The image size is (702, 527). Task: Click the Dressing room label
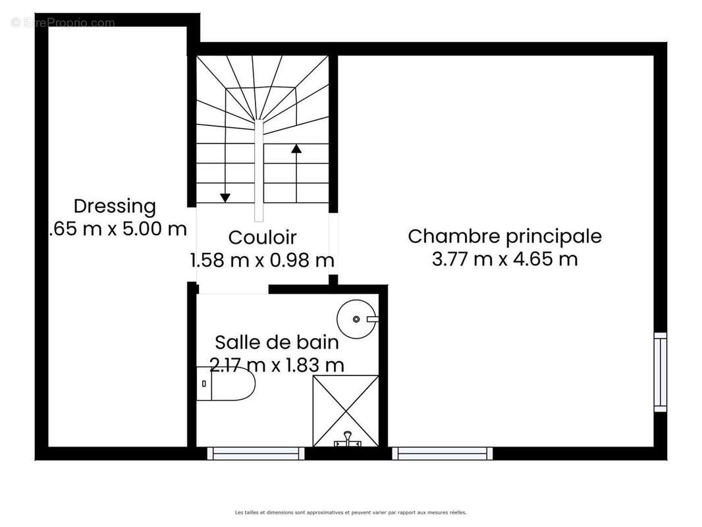115,206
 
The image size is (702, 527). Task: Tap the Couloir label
262,237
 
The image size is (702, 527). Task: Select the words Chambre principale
504,236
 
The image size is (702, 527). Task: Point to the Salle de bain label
277,342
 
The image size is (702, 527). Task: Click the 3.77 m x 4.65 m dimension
504,259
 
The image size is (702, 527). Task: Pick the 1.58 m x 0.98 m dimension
262,260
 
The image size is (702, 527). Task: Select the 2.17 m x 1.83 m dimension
277,364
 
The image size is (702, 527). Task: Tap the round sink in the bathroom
356,319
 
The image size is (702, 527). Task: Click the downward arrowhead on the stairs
225,197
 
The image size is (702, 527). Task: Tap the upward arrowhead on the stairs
296,148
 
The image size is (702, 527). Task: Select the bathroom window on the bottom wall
256,453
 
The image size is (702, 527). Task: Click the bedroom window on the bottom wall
442,453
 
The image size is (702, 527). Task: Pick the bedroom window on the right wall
660,372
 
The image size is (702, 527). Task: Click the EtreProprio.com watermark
63,23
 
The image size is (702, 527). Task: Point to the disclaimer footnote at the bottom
350,512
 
